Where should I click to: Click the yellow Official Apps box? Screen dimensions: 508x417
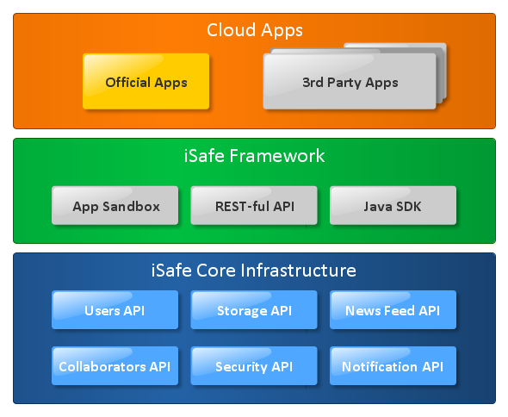[146, 81]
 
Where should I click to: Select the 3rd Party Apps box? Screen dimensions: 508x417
[350, 81]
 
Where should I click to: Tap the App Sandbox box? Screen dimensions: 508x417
[115, 205]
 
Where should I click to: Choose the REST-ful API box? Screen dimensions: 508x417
[254, 205]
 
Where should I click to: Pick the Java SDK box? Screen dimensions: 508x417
[393, 205]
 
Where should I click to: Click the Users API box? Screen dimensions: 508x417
[115, 310]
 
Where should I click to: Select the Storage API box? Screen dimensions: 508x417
[254, 310]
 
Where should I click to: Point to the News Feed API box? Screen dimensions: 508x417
[393, 310]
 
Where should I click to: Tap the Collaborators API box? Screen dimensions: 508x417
[115, 366]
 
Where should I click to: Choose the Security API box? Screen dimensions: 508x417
[254, 366]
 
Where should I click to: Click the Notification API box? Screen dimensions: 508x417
[393, 366]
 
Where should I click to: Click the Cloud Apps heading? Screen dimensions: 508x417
[255, 31]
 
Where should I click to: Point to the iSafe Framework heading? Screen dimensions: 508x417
[254, 156]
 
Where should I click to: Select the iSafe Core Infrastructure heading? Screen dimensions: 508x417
[254, 271]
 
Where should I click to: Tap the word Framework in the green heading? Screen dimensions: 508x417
[277, 156]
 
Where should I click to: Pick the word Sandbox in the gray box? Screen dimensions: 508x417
[131, 207]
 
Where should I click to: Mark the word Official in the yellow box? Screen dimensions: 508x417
[127, 83]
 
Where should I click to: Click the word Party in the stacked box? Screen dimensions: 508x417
[344, 83]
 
